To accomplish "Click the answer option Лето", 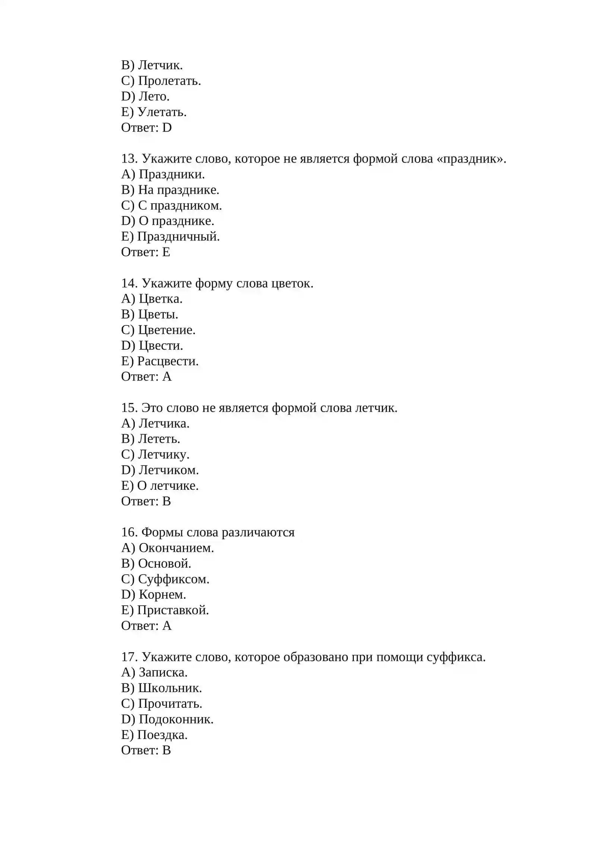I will point(154,97).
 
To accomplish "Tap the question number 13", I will point(129,159).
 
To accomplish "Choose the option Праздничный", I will point(178,237).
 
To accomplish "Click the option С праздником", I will point(180,205).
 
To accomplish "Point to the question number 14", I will point(129,283).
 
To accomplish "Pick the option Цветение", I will point(167,330).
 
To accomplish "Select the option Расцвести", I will point(168,361).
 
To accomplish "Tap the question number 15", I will point(129,408).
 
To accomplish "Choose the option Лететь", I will point(159,439).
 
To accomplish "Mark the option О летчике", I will point(168,486).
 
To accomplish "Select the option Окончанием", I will point(176,548).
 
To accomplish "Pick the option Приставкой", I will point(173,610).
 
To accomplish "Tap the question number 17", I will point(129,657).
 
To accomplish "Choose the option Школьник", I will point(170,688).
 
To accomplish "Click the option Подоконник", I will point(176,719).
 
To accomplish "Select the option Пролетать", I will point(169,81).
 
